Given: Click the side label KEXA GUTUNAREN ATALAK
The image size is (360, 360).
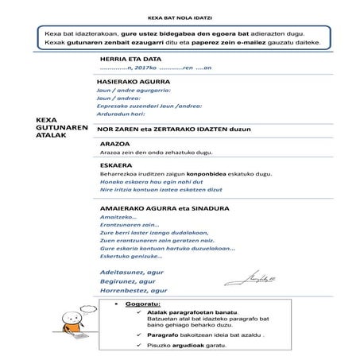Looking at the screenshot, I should tap(56, 127).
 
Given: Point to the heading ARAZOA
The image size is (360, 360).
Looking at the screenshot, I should tap(113, 144).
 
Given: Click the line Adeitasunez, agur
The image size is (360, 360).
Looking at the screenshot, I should tap(126, 271).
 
